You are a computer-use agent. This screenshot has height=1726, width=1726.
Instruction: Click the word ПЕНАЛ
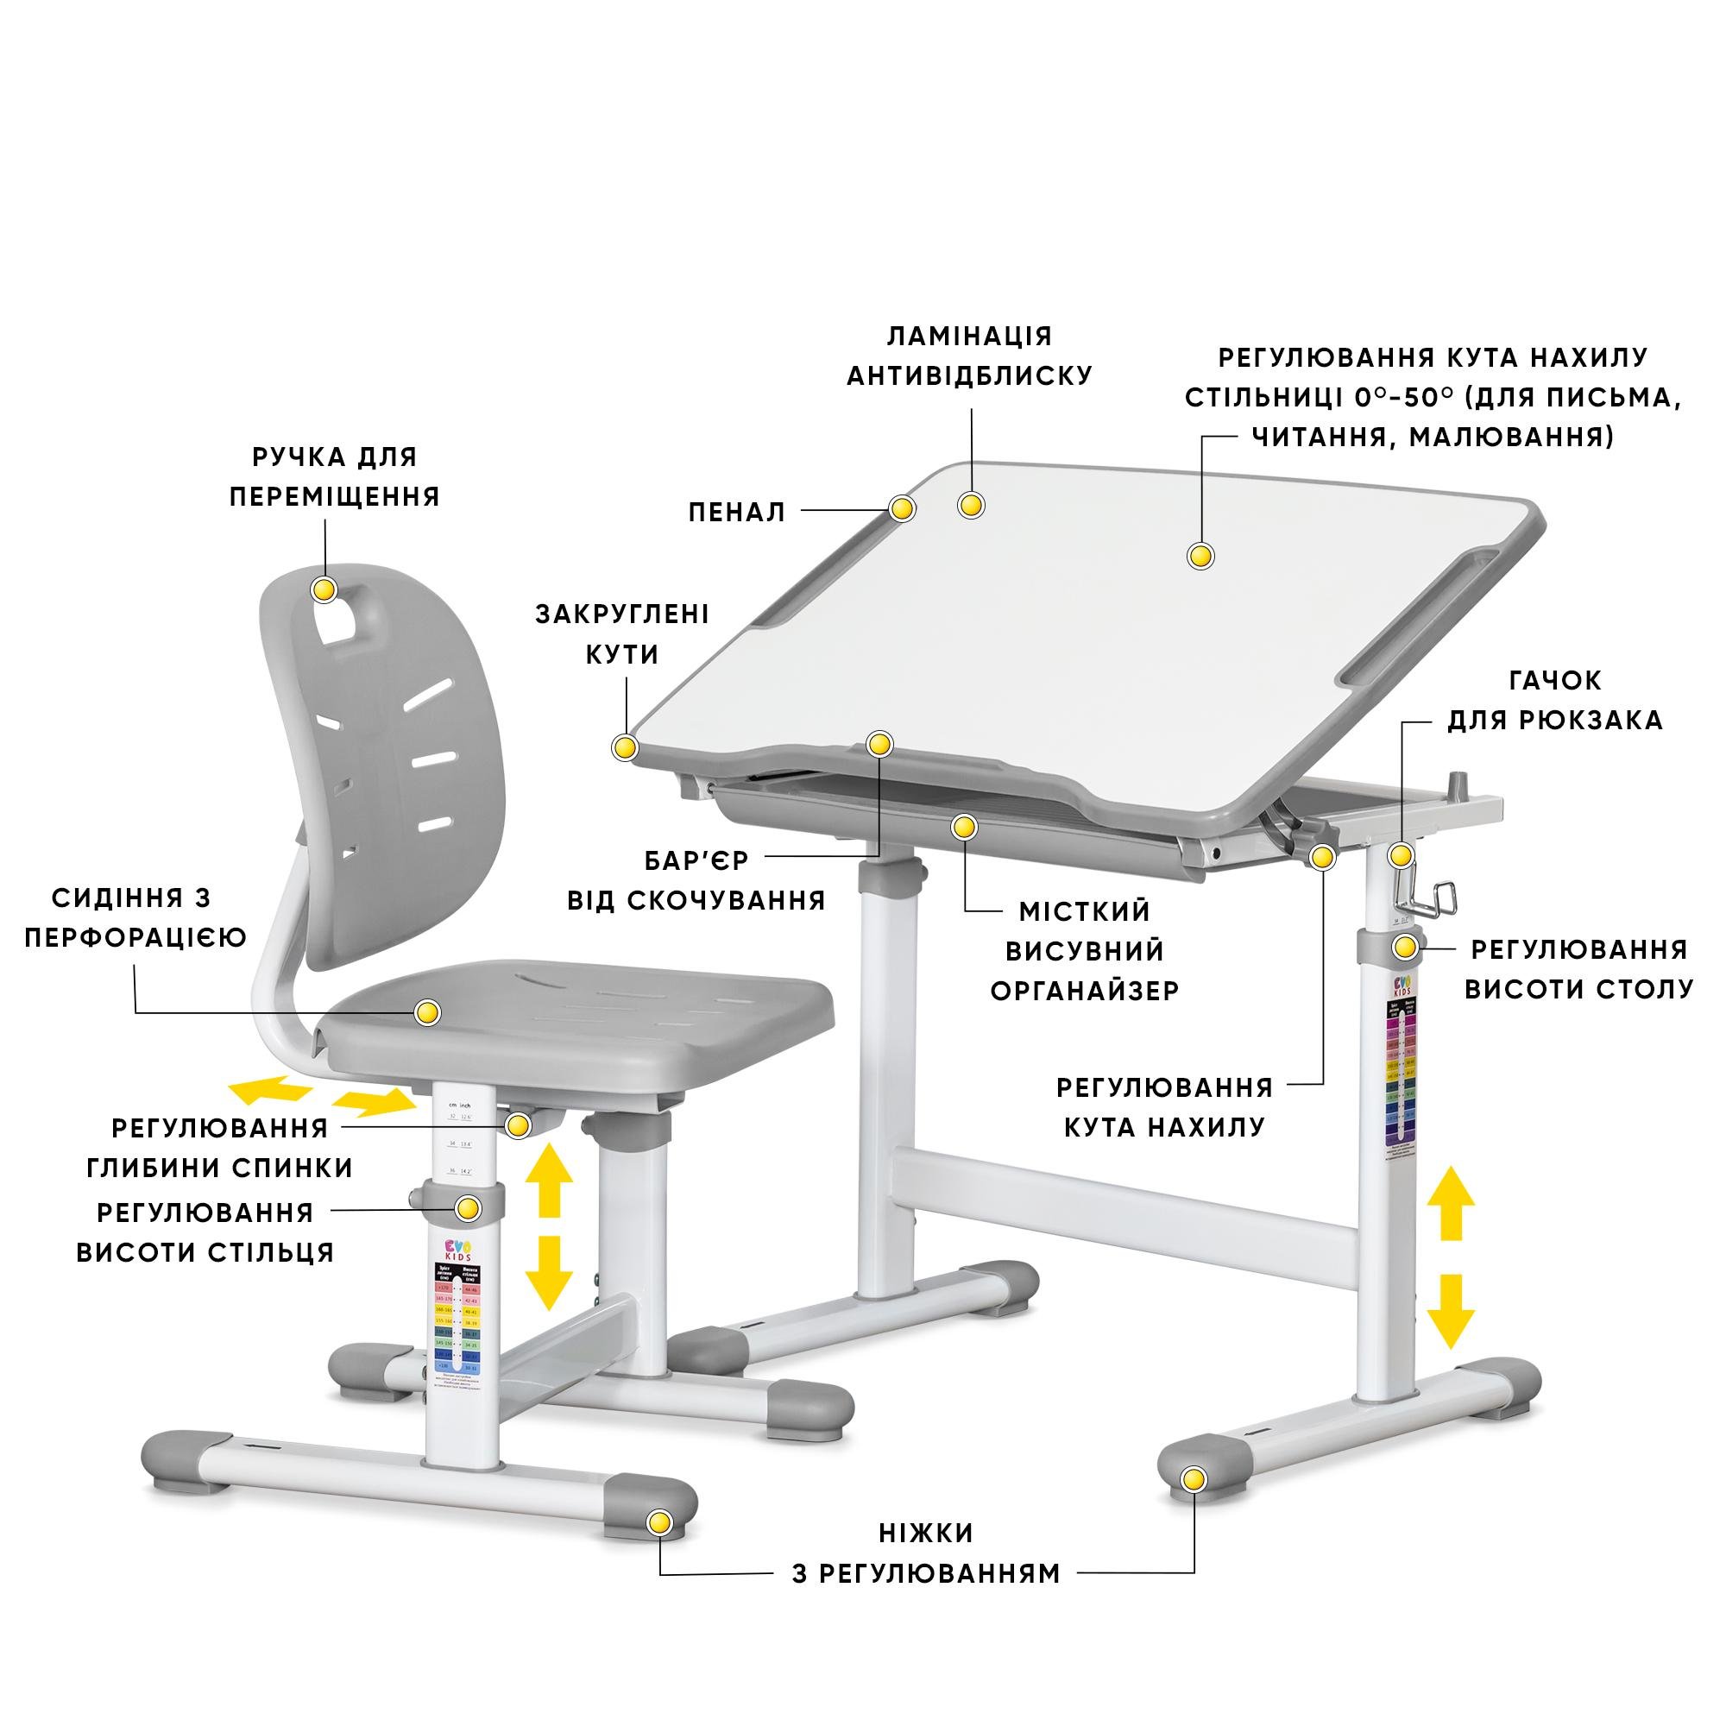point(736,512)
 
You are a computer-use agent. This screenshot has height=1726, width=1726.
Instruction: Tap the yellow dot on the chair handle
point(324,589)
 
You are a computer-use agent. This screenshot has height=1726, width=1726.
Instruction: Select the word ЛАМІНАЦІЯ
point(969,336)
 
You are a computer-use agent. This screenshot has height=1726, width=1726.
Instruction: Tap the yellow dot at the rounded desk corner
point(625,746)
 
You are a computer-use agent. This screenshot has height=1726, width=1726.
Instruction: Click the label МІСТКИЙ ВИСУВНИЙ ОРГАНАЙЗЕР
point(1085,950)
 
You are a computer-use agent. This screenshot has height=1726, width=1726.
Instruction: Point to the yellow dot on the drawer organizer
point(962,828)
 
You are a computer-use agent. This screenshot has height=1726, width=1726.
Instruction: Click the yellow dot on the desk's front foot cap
point(1190,1479)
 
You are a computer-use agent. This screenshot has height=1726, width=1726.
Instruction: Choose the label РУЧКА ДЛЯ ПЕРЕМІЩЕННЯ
point(335,477)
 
